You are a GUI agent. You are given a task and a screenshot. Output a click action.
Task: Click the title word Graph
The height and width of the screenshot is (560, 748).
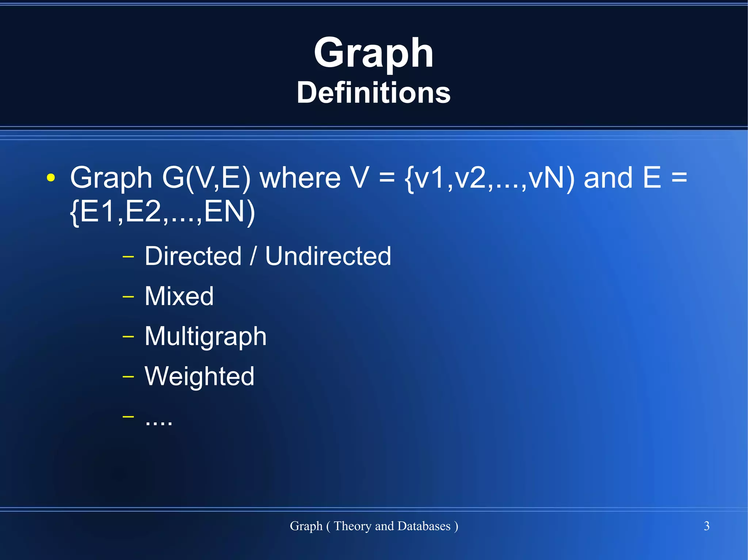[x=373, y=54]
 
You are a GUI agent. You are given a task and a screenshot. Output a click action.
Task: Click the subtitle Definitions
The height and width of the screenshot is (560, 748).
[x=373, y=93]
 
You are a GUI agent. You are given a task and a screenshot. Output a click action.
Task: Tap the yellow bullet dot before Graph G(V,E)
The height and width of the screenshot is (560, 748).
[x=51, y=178]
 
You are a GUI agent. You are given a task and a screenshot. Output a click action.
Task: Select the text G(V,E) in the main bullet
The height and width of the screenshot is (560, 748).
[x=206, y=178]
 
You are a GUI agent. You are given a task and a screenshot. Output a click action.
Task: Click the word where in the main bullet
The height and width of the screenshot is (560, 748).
[x=300, y=178]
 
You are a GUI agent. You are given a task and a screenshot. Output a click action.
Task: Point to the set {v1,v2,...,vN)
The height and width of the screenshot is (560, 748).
[x=489, y=178]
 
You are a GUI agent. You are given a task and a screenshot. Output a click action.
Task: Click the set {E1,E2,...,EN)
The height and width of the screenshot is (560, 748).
[x=162, y=212]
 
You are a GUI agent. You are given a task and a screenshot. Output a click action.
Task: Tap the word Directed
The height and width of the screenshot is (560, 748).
[x=193, y=256]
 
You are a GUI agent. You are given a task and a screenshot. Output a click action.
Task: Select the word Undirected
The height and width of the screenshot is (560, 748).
[x=328, y=256]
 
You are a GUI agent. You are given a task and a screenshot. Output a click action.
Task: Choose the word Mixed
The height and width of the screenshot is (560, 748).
[x=179, y=296]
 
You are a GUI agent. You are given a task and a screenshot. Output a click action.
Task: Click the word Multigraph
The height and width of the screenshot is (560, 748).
[x=205, y=336]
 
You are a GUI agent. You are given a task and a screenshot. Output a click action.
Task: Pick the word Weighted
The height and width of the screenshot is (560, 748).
[x=199, y=376]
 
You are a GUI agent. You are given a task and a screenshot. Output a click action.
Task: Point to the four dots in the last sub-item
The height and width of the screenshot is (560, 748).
[x=159, y=423]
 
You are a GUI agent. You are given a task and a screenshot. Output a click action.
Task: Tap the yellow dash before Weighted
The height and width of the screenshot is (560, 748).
[x=128, y=376]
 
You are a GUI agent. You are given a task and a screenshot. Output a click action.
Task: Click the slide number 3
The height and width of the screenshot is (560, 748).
[x=706, y=526]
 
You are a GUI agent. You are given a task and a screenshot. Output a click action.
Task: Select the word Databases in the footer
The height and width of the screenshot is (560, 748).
[x=424, y=526]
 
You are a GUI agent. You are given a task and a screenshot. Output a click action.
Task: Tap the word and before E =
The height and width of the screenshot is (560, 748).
[x=608, y=178]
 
